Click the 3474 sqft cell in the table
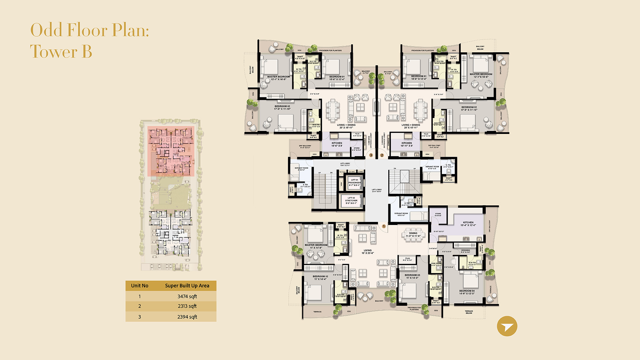coord(187,296)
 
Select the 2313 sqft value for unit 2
coord(187,306)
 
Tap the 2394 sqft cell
coord(187,317)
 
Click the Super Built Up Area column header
coord(187,286)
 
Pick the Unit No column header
coord(140,286)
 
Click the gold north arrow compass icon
coord(507,326)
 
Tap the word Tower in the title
coord(54,52)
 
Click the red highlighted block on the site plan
coord(171,151)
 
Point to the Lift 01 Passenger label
coord(354,182)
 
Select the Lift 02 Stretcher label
coord(351,200)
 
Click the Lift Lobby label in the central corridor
coord(377,190)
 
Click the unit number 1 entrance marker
coord(384,226)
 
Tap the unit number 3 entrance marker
coord(371,155)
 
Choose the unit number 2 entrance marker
coord(382,155)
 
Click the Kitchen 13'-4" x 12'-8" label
coord(468,224)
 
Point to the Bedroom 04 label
coord(467,292)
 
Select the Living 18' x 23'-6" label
coord(368,252)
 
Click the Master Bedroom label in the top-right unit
coord(481,75)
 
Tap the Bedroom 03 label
coord(412,276)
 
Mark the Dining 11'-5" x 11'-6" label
coord(413,234)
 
